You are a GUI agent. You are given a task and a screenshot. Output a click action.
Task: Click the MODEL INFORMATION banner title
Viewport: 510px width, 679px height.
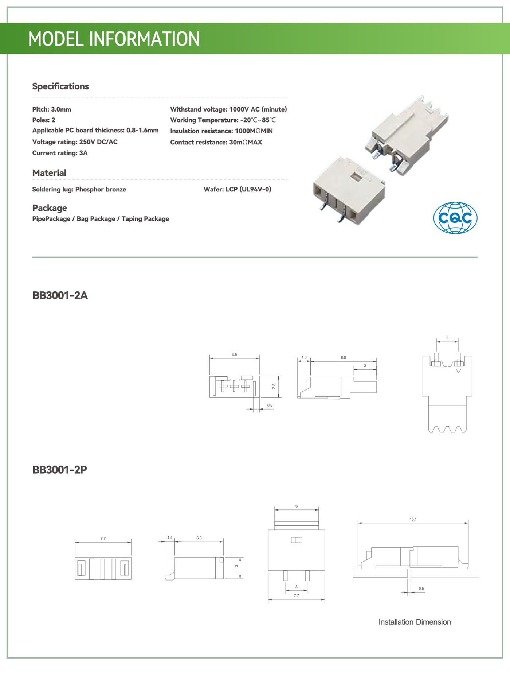click(x=114, y=39)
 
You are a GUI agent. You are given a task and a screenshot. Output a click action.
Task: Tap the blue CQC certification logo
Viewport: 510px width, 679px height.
click(x=455, y=218)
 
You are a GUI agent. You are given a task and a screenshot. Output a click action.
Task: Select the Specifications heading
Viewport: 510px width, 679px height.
click(x=60, y=86)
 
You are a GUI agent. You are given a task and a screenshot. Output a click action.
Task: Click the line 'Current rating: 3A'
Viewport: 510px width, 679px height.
click(x=60, y=153)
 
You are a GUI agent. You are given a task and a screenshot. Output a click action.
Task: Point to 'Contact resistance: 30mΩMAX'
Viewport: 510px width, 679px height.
click(x=216, y=142)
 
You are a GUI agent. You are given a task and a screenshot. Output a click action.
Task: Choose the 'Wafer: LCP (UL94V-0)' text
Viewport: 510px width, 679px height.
click(x=237, y=189)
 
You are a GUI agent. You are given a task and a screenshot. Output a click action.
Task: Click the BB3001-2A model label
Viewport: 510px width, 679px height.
click(x=60, y=295)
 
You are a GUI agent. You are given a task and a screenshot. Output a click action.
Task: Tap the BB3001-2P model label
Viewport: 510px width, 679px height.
click(x=60, y=470)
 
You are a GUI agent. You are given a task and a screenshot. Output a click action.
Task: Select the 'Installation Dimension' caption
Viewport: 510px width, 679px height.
click(x=415, y=622)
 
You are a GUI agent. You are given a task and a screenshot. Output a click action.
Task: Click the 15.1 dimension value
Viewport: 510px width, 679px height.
click(x=413, y=519)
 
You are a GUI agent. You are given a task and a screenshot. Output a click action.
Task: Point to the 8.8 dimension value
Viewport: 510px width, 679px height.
click(x=343, y=358)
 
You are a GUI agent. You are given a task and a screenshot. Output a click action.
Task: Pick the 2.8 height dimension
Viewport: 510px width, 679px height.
click(x=274, y=386)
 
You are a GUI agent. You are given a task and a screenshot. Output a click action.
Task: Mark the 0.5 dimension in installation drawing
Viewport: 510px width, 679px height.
click(x=421, y=589)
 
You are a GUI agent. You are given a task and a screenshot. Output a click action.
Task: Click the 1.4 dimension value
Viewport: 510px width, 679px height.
click(x=170, y=538)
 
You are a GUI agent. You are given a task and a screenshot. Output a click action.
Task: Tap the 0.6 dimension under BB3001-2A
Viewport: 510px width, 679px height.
click(x=270, y=406)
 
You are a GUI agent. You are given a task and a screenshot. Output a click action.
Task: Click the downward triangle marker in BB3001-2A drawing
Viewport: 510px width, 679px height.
click(x=458, y=371)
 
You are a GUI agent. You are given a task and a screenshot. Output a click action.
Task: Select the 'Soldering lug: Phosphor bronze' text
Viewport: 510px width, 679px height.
click(x=79, y=189)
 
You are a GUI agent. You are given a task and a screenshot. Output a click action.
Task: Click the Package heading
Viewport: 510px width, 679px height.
click(x=50, y=208)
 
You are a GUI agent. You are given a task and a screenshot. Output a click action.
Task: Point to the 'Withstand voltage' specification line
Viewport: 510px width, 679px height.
click(x=228, y=109)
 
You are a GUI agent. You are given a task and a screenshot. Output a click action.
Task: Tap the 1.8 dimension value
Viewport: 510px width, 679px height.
click(x=304, y=357)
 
